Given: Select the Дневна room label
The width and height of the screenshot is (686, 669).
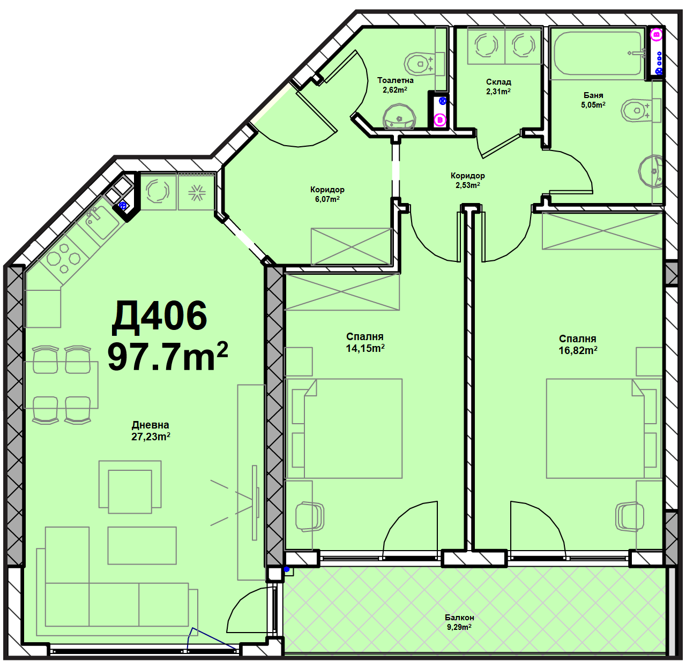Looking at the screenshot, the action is pyautogui.click(x=150, y=425).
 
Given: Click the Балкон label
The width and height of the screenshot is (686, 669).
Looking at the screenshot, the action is pyautogui.click(x=459, y=618).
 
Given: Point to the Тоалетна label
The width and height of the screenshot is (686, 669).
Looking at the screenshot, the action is pyautogui.click(x=395, y=80).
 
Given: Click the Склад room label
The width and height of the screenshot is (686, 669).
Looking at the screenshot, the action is pyautogui.click(x=498, y=82).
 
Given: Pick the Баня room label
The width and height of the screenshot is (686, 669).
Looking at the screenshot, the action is pyautogui.click(x=593, y=95).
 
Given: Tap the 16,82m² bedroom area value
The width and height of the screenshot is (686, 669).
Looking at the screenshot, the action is pyautogui.click(x=578, y=350).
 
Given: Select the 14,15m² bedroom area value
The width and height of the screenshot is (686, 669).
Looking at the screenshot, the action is pyautogui.click(x=365, y=348).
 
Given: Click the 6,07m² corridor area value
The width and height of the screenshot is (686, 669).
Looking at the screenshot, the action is pyautogui.click(x=327, y=199).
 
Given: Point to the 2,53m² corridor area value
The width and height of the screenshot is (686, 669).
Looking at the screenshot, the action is pyautogui.click(x=467, y=185).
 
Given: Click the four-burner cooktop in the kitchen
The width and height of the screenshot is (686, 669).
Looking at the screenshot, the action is pyautogui.click(x=64, y=258).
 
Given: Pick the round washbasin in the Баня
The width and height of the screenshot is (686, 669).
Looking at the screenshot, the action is pyautogui.click(x=651, y=171).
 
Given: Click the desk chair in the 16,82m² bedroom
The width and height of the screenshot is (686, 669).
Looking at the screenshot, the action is pyautogui.click(x=630, y=516).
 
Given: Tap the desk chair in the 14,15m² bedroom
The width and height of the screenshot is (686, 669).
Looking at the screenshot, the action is pyautogui.click(x=310, y=516).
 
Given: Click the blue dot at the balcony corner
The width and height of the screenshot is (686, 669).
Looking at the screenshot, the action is pyautogui.click(x=287, y=569).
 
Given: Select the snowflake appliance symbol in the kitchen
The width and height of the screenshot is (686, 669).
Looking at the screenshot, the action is pyautogui.click(x=196, y=192).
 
